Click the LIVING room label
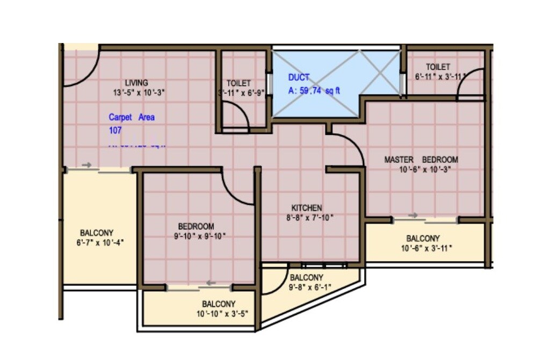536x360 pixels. (136, 83)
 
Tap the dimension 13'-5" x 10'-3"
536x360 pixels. (139, 92)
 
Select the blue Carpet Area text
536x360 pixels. (132, 117)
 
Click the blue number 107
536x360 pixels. (115, 130)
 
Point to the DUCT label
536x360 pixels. (299, 77)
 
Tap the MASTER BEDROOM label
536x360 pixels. (421, 160)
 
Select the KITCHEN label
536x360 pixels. (307, 208)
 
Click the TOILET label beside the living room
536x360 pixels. (238, 83)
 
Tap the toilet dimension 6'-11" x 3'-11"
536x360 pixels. (439, 77)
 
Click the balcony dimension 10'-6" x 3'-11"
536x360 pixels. (426, 248)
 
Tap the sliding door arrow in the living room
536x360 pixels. (86, 165)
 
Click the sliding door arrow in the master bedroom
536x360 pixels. (413, 215)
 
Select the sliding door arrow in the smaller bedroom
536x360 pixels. (212, 283)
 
